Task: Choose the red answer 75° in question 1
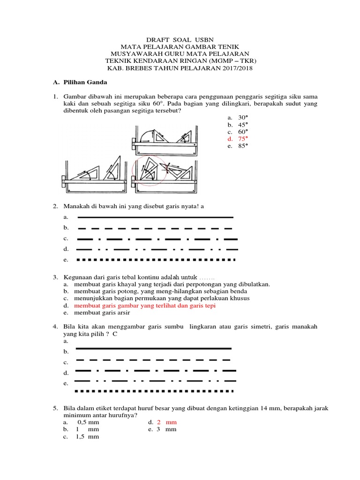[242, 139]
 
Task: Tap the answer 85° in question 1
[242, 146]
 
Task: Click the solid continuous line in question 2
[155, 217]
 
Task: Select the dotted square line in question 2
[155, 259]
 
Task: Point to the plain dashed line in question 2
[155, 228]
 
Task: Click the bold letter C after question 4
[114, 334]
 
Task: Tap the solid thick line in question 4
[153, 349]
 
